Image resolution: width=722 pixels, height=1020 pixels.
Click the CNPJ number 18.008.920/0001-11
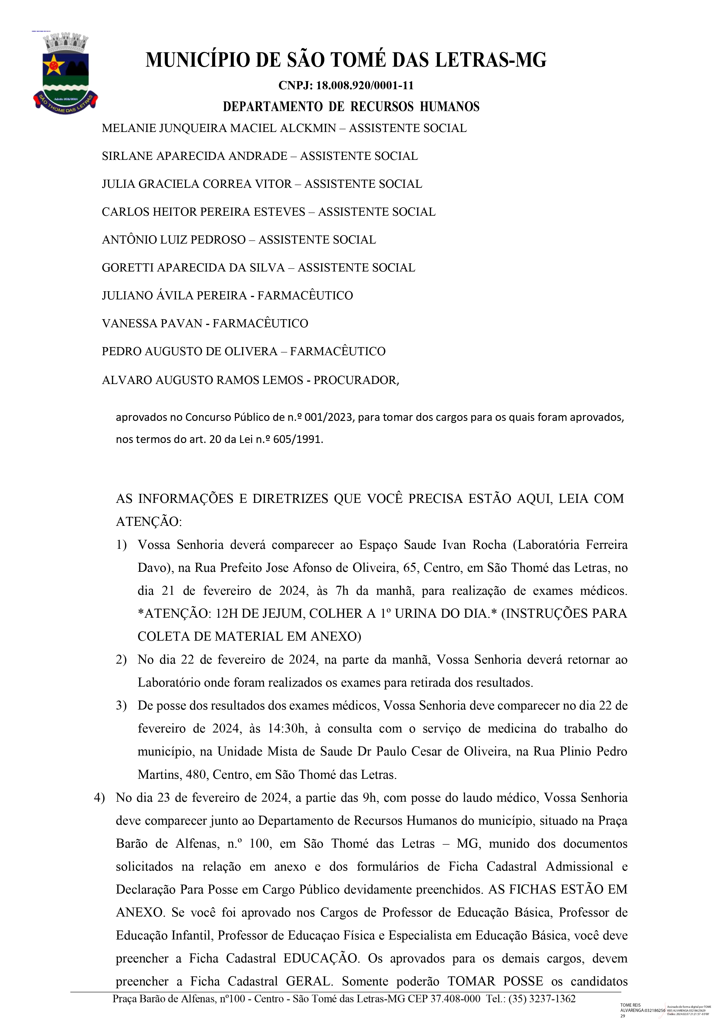click(x=364, y=85)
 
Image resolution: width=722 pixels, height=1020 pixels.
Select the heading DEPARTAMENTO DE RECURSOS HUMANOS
click(x=351, y=107)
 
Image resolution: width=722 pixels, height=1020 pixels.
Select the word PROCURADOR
click(x=355, y=380)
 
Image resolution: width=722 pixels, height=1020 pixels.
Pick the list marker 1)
click(x=121, y=545)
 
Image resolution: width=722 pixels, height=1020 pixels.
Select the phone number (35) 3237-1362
click(x=543, y=999)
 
